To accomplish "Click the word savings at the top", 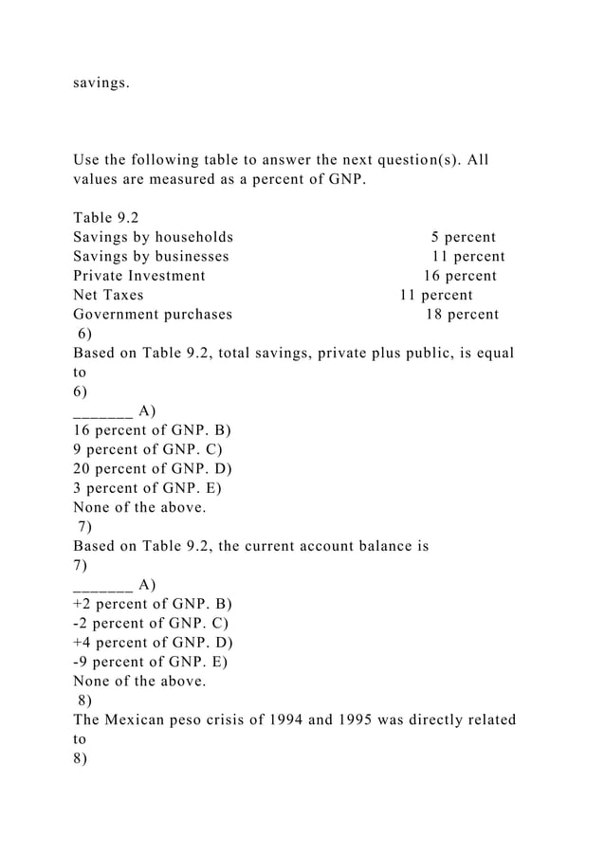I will coord(101,83).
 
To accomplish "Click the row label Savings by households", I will coord(154,237).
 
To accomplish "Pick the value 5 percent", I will coord(463,237).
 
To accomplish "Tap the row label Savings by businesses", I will coord(151,256).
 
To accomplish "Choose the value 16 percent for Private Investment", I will coord(459,276).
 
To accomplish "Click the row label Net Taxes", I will coord(108,295).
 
